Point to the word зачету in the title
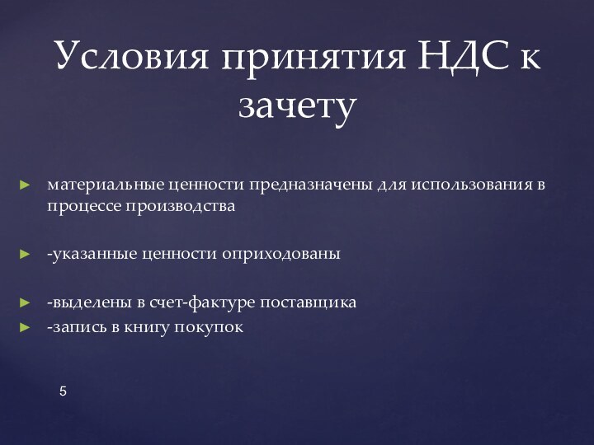pyautogui.click(x=297, y=105)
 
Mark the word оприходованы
pyautogui.click(x=280, y=253)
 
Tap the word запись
pyautogui.click(x=78, y=327)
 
